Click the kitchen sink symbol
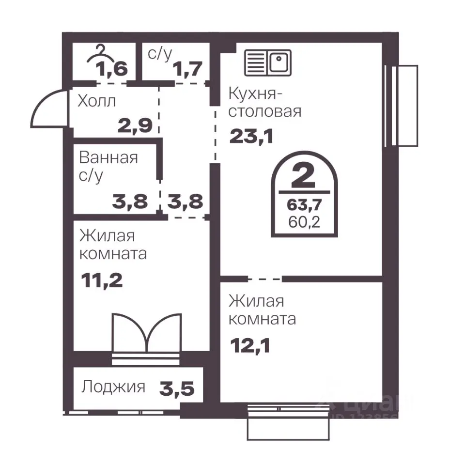[267, 63]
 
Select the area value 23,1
[251, 137]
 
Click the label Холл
[97, 102]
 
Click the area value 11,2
[101, 279]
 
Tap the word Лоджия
[113, 387]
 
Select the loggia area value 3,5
[178, 387]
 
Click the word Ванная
[108, 157]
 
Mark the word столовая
[264, 111]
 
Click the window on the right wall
[401, 106]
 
